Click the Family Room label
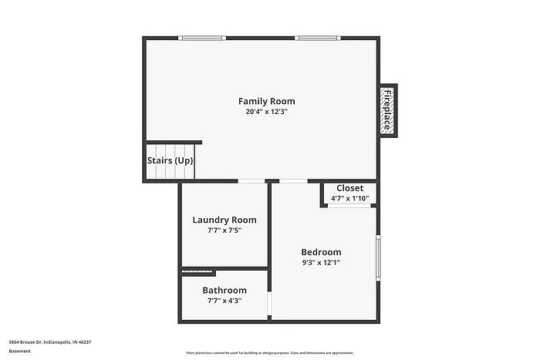point(266,101)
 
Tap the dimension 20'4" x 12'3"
point(266,112)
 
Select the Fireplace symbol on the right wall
point(387,109)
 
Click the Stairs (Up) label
point(170,161)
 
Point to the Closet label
point(349,188)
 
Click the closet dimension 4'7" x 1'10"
point(349,198)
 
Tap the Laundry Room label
point(224,220)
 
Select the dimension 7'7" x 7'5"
point(224,230)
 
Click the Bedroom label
point(321,252)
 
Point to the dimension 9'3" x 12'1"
point(321,262)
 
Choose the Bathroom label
point(224,291)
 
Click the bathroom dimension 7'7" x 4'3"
point(224,301)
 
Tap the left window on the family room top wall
point(202,38)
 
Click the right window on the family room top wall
point(318,38)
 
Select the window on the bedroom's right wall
point(378,259)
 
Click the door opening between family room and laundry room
point(251,181)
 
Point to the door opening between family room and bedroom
point(292,181)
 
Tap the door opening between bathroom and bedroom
point(269,304)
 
